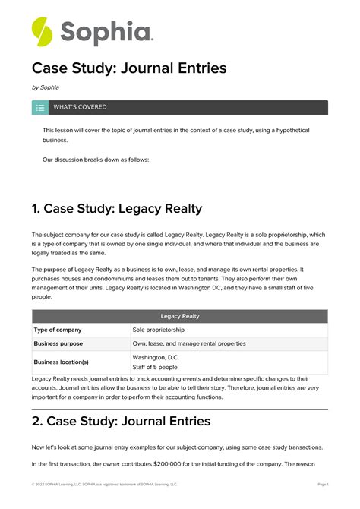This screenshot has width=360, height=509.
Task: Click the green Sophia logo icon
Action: [x=43, y=31]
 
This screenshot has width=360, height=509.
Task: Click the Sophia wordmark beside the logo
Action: [x=106, y=33]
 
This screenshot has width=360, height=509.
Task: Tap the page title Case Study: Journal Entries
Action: [x=129, y=68]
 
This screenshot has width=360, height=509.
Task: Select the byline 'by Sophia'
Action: [x=45, y=87]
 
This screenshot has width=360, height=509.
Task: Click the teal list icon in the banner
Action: [x=39, y=107]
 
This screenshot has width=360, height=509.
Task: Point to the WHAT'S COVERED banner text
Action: [x=80, y=107]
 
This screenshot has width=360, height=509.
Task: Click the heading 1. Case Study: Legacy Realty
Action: [x=117, y=208]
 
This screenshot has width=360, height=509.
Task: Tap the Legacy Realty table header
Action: [x=180, y=316]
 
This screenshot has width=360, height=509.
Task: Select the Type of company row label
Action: [x=58, y=330]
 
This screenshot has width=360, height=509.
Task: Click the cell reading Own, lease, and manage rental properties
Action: [x=189, y=343]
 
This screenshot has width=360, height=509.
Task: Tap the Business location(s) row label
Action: [x=62, y=362]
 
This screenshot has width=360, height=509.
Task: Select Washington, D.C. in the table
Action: [x=156, y=357]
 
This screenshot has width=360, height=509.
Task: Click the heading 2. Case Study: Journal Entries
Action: [x=121, y=420]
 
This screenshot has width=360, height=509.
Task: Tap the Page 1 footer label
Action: [x=322, y=484]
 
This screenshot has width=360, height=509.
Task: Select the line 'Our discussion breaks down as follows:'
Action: [x=96, y=160]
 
